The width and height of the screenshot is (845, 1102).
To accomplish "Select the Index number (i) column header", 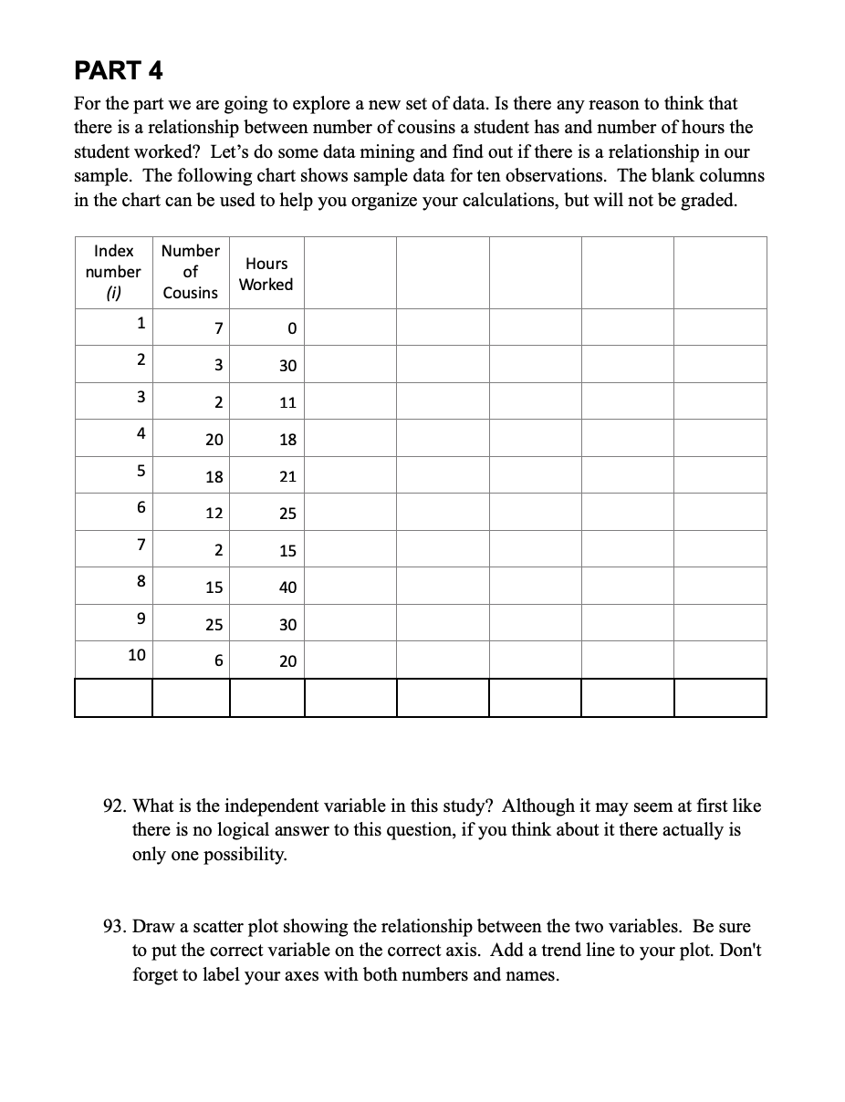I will pyautogui.click(x=113, y=272).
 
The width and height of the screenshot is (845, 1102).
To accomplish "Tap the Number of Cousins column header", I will pyautogui.click(x=190, y=272).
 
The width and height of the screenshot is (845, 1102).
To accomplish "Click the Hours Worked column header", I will pyautogui.click(x=266, y=274).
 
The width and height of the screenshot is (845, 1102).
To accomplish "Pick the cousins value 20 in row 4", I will pyautogui.click(x=214, y=440).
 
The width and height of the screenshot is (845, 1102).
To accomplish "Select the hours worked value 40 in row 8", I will pyautogui.click(x=287, y=587).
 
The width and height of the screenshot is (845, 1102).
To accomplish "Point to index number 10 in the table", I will pyautogui.click(x=136, y=654).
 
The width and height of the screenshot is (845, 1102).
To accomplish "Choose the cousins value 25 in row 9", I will pyautogui.click(x=214, y=625).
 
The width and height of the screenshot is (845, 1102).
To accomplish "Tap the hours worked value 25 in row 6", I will pyautogui.click(x=287, y=514).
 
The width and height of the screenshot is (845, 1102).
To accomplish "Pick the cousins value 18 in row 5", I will pyautogui.click(x=214, y=477).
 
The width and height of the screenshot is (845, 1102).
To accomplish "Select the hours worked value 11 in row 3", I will pyautogui.click(x=287, y=403).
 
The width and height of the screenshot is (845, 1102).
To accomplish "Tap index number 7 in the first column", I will pyautogui.click(x=141, y=544).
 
